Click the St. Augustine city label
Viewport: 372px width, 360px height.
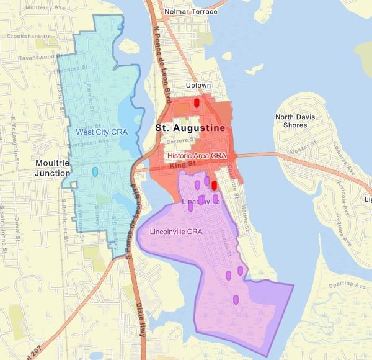pos(190,128)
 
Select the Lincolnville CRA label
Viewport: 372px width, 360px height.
pos(177,232)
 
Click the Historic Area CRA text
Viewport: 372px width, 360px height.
pos(195,155)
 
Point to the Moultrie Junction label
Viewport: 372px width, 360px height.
pos(53,168)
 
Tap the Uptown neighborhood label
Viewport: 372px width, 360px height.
pos(199,85)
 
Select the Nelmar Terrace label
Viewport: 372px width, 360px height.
pos(191,12)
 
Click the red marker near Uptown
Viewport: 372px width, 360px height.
pos(197,102)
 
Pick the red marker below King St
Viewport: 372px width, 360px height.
pos(213,185)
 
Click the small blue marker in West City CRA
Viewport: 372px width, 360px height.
pos(95,171)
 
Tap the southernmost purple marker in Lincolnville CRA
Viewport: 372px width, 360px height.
pos(236,300)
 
